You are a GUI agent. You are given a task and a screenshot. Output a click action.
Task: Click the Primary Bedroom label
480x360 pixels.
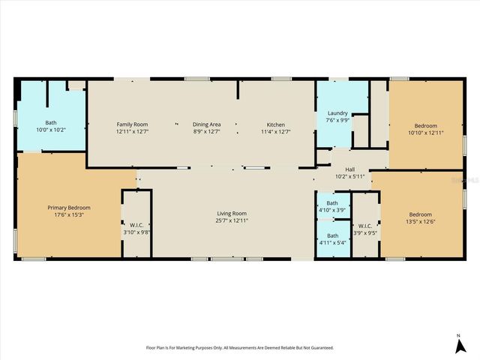click(x=69, y=208)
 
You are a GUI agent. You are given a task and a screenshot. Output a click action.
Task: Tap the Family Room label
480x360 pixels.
click(x=132, y=124)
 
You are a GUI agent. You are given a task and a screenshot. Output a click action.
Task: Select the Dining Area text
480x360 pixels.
click(x=206, y=124)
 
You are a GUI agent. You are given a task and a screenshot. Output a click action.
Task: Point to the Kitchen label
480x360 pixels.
click(x=276, y=124)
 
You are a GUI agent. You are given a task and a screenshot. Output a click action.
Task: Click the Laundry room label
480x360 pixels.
click(x=337, y=112)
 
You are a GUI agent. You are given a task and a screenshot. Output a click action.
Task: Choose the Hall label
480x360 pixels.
click(x=349, y=169)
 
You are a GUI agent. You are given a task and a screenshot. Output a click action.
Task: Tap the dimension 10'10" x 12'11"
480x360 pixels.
click(x=425, y=133)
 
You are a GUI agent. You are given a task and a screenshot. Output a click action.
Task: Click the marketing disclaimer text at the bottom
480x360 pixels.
click(x=239, y=348)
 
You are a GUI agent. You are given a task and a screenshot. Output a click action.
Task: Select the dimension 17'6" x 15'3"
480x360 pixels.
click(x=69, y=214)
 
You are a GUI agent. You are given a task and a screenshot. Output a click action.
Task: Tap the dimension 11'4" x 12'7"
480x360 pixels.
click(x=276, y=132)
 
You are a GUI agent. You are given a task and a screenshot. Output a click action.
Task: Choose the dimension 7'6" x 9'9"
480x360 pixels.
click(x=337, y=120)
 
